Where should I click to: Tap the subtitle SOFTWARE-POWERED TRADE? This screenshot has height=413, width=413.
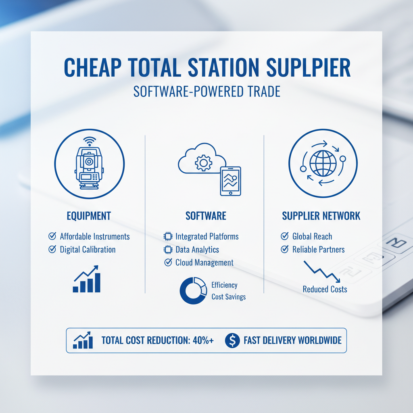pos(206,92)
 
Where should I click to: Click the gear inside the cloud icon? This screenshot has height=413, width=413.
pos(203,163)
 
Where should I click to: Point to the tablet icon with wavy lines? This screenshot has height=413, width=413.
pos(230,181)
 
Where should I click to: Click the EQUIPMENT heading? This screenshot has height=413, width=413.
pos(88,216)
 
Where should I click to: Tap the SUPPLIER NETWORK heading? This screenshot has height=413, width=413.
pos(321,216)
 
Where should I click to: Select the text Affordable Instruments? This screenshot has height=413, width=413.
pos(95,236)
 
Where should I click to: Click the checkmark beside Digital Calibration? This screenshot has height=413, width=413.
pos(52,249)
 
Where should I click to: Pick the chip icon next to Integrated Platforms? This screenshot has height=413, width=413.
pos(168,236)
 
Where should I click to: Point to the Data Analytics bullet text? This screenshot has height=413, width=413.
pos(197,250)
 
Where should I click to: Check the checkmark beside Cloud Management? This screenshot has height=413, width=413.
pos(168,263)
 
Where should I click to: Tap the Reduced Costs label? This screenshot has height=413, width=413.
pos(325,289)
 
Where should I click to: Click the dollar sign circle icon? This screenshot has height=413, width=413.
pos(232,340)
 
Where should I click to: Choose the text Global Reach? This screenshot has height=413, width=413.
pos(312,236)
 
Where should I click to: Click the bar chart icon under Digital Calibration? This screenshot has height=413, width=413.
pos(86,279)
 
